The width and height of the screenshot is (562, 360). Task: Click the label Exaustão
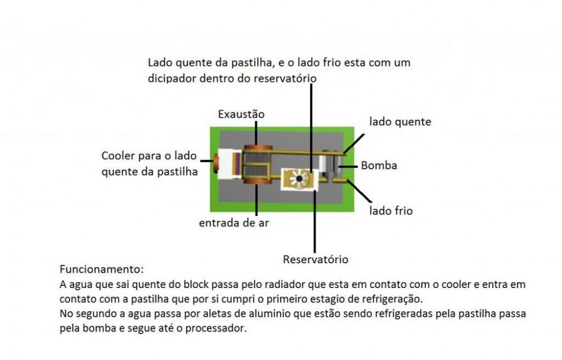[x=241, y=114]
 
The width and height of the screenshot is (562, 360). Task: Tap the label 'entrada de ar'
[x=234, y=223]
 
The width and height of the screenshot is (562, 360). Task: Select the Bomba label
[x=379, y=165]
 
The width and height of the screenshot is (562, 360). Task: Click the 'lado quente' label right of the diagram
[x=400, y=121]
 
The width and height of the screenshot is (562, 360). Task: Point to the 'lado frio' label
[x=391, y=211]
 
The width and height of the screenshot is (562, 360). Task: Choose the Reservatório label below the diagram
[x=315, y=259]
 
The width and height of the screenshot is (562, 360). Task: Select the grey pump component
[x=329, y=165]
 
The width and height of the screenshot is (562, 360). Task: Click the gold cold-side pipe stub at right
[x=342, y=181]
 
